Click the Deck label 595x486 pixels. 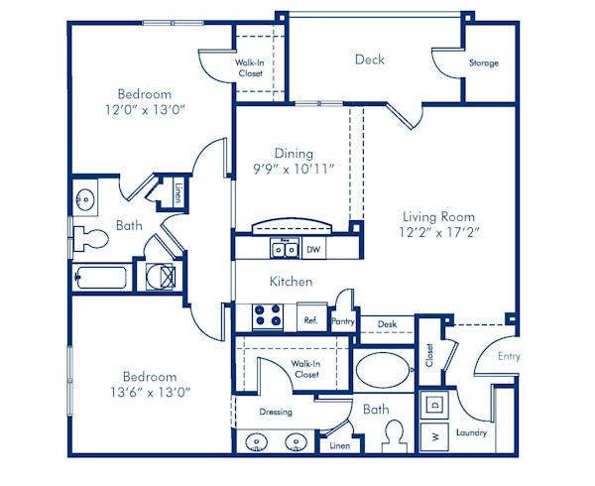(x=370, y=61)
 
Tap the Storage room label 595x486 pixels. (x=484, y=63)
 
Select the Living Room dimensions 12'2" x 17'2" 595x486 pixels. (x=437, y=234)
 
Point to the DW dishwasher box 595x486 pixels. (x=313, y=249)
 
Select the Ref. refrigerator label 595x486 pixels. (x=309, y=320)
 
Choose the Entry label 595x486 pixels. (x=509, y=356)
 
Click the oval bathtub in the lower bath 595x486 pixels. (x=383, y=374)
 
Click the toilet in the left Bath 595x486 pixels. (x=91, y=238)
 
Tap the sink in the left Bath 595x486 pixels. (x=86, y=197)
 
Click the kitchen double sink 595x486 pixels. (x=285, y=248)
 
